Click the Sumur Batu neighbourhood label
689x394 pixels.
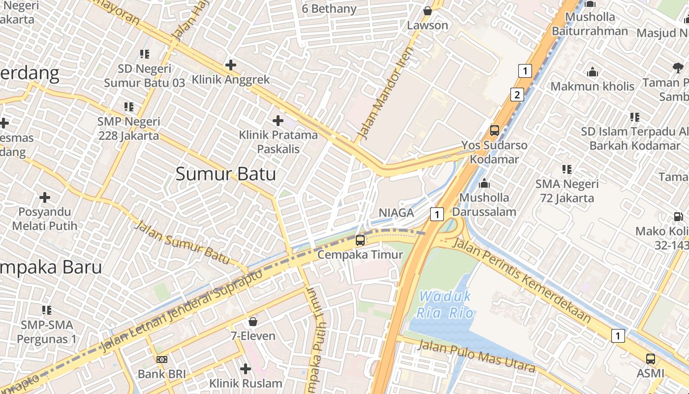pos(225,174)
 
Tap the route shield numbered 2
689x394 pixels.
pos(517,95)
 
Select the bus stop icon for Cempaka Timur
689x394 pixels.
pos(360,240)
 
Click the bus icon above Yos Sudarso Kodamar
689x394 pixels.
pos(495,131)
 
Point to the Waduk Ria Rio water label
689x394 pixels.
pos(445,304)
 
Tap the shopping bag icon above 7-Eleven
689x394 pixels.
pos(253,322)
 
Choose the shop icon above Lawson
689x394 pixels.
pos(428,11)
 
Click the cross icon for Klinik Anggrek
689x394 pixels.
pos(230,65)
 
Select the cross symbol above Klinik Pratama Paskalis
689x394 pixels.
pos(278,120)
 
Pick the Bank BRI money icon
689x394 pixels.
pos(161,360)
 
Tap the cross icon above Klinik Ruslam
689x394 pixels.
pos(246,368)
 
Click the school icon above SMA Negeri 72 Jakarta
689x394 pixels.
pos(567,169)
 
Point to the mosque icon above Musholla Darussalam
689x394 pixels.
pos(484,183)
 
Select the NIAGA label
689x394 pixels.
pos(396,213)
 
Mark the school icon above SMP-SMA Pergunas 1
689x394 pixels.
pos(47,310)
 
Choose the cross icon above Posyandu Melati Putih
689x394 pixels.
pos(45,198)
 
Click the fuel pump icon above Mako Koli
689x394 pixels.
pos(678,216)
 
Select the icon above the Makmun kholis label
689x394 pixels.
pos(593,72)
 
